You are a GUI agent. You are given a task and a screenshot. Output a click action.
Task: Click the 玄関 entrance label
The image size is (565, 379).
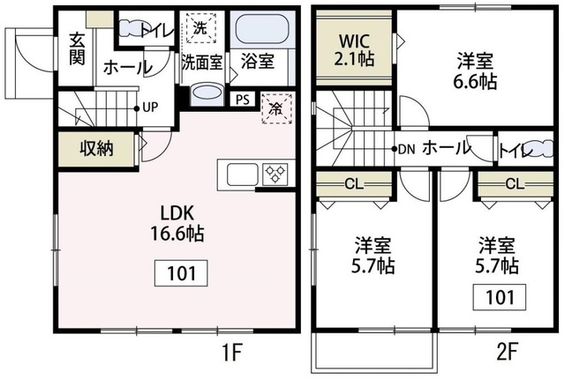tap(76, 50)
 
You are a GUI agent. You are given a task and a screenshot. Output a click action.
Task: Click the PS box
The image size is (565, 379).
tap(242, 100)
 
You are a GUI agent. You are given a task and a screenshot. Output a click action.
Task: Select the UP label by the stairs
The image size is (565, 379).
tap(149, 108)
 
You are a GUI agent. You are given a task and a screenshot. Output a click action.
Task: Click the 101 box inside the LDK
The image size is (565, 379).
tap(183, 272)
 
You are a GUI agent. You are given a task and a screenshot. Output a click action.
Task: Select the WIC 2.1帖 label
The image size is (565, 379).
tap(352, 50)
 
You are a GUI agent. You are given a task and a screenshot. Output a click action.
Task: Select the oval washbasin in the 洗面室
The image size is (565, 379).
tap(207, 93)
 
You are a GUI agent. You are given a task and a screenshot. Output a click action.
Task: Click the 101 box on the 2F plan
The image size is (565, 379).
tap(500, 297)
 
